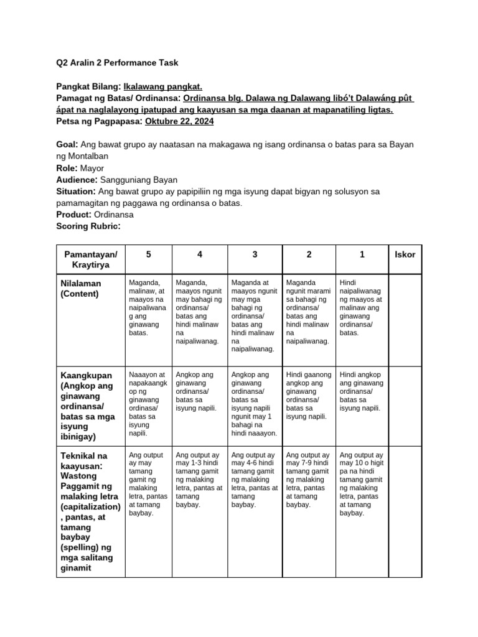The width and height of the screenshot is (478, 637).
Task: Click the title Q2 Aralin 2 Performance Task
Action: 117,63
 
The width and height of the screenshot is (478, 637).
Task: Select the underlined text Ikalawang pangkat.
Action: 162,86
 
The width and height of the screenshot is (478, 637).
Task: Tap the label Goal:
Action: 67,144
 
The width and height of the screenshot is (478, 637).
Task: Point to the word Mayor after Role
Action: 92,168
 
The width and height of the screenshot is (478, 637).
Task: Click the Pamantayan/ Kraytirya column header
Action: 90,260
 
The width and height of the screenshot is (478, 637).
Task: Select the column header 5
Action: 148,255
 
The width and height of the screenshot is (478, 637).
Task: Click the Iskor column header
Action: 405,255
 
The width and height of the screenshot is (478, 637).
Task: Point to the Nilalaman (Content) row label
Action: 82,289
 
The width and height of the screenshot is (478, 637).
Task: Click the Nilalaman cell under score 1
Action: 362,307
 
